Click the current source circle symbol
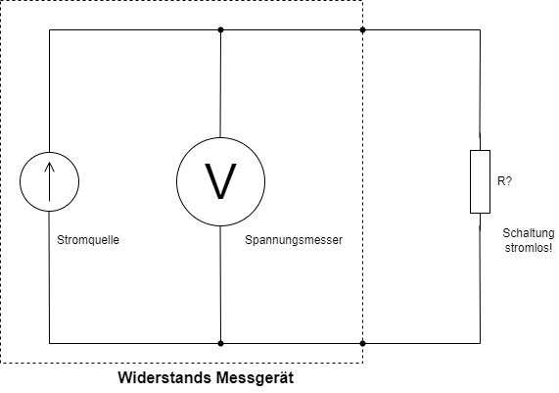(20, 181)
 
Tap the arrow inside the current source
(50, 181)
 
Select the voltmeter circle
(177, 181)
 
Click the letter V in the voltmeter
(220, 181)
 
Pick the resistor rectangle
(471, 181)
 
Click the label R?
(504, 181)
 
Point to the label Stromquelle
(88, 240)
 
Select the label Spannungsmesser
(294, 240)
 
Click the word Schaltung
(529, 233)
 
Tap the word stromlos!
(529, 247)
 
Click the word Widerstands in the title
(164, 377)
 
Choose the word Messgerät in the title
(255, 378)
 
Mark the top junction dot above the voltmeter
(220, 29)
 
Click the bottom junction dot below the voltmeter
(220, 343)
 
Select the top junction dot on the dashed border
(362, 29)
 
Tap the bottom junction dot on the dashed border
(362, 343)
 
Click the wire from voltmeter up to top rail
(220, 83)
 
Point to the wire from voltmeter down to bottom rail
(220, 285)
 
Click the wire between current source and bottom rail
(50, 277)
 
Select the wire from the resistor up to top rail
(480, 90)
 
